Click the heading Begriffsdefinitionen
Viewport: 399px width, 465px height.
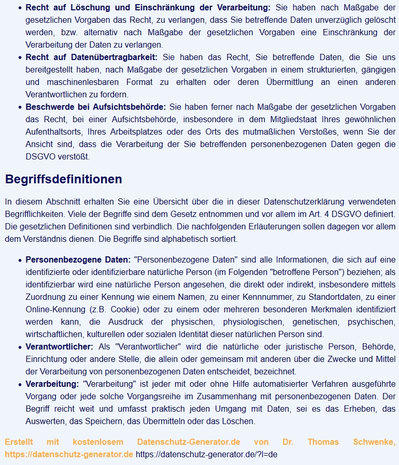63,179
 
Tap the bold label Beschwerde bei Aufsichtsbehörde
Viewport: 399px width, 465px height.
95,107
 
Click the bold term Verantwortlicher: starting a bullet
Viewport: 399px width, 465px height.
59,346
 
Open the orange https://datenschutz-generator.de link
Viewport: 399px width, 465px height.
69,454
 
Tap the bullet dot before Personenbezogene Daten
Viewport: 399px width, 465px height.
19,260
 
